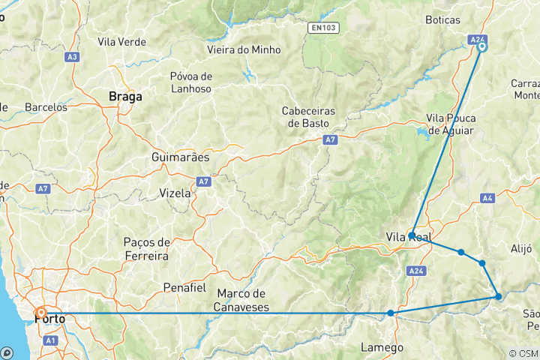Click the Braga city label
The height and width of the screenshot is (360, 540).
[x=125, y=97]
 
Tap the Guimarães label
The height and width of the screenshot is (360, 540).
[x=181, y=158]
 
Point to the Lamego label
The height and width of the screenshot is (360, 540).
[x=382, y=347]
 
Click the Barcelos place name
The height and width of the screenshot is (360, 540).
[x=46, y=107]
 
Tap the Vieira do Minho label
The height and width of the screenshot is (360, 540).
[x=244, y=49]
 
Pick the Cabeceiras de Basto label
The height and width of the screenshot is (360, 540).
[x=308, y=116]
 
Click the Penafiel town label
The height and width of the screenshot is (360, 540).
[x=184, y=287]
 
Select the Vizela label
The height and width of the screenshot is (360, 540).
[x=175, y=193]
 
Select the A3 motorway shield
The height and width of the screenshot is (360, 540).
[x=72, y=56]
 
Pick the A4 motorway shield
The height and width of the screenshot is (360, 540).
[x=487, y=199]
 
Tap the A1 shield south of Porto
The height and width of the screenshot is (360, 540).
[x=51, y=340]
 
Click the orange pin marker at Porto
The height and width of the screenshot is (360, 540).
[x=40, y=312]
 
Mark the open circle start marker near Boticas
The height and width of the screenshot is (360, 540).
[x=481, y=46]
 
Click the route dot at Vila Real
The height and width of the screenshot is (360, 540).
[x=412, y=235]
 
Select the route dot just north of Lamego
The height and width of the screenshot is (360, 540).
[x=391, y=313]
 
